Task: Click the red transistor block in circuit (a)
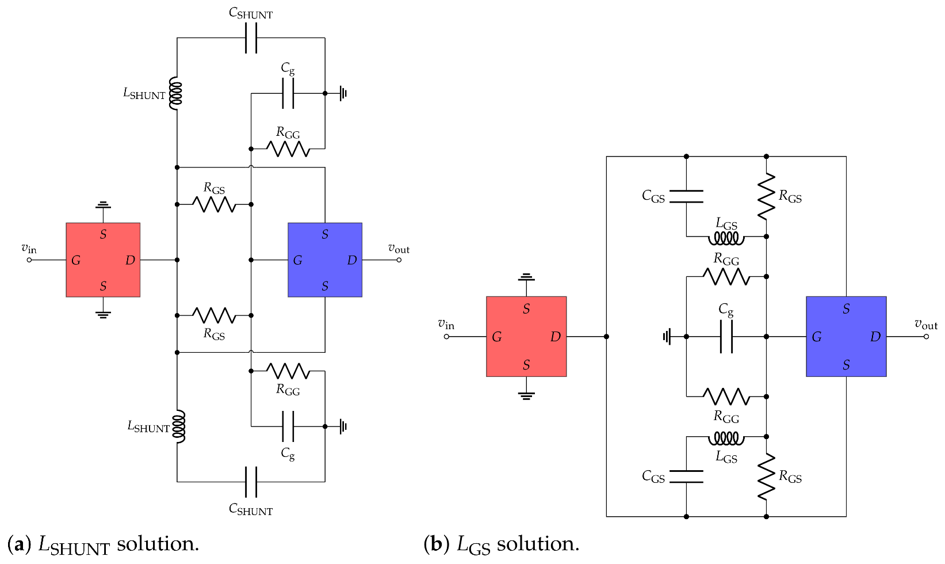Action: click(x=103, y=260)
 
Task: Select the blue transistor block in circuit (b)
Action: click(x=845, y=336)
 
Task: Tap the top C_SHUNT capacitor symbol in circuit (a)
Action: click(x=251, y=38)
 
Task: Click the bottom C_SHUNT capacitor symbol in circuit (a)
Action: click(x=251, y=482)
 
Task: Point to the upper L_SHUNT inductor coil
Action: click(x=177, y=93)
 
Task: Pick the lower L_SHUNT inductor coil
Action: click(x=179, y=426)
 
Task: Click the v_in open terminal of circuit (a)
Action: click(x=29, y=260)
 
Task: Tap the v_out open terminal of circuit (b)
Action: click(x=926, y=336)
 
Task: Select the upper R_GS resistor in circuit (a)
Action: click(x=213, y=204)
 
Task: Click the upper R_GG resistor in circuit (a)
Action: click(x=288, y=148)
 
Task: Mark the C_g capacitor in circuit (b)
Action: click(x=726, y=336)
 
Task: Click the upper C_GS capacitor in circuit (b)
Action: click(x=686, y=196)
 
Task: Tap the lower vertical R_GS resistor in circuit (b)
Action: click(x=766, y=477)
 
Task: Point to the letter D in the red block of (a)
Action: click(x=130, y=260)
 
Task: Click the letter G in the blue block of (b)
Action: click(x=816, y=337)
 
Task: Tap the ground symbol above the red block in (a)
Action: click(x=103, y=204)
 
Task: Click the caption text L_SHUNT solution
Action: click(x=118, y=544)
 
